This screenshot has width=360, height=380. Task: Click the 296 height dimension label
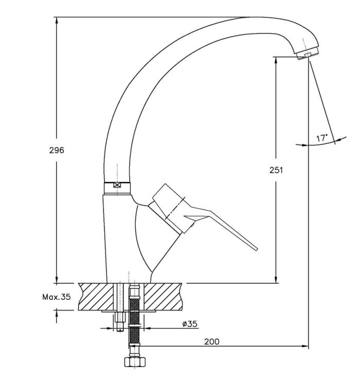[57, 150]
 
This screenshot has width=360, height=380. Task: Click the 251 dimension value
[276, 170]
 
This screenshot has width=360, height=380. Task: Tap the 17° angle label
[322, 138]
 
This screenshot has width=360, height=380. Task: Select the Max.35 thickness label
[57, 297]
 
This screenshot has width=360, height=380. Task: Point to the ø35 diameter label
[190, 324]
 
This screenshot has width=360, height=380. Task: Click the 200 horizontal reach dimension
[212, 342]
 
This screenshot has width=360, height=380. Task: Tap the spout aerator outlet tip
[308, 55]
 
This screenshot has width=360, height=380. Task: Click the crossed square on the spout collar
[117, 185]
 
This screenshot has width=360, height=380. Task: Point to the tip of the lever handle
[257, 249]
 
